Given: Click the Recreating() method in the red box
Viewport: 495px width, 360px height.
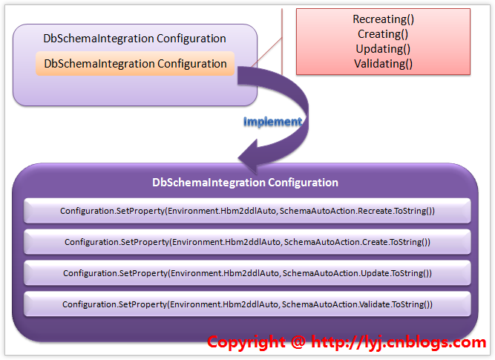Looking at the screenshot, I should [x=384, y=19].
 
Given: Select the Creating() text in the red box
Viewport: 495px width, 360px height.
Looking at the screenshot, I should [x=383, y=34].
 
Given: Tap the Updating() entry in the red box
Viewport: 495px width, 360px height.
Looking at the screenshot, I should [x=384, y=49].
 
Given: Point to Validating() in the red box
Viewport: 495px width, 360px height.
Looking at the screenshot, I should [x=384, y=64].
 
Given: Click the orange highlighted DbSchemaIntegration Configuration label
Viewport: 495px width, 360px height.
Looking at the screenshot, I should [x=135, y=64].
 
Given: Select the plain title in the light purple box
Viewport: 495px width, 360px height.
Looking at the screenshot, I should [x=135, y=39].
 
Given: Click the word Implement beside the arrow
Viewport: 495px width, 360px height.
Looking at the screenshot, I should [x=272, y=121].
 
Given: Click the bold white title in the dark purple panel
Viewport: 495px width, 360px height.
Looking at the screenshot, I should [x=245, y=183].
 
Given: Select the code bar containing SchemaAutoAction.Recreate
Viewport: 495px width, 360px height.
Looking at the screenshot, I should [x=247, y=211].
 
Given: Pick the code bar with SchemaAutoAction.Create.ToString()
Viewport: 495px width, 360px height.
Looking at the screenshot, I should [x=247, y=242].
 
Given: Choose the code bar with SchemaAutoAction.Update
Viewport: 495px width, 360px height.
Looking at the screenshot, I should [x=247, y=273].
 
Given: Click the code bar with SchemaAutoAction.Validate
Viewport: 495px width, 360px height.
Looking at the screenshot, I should [x=247, y=304].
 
